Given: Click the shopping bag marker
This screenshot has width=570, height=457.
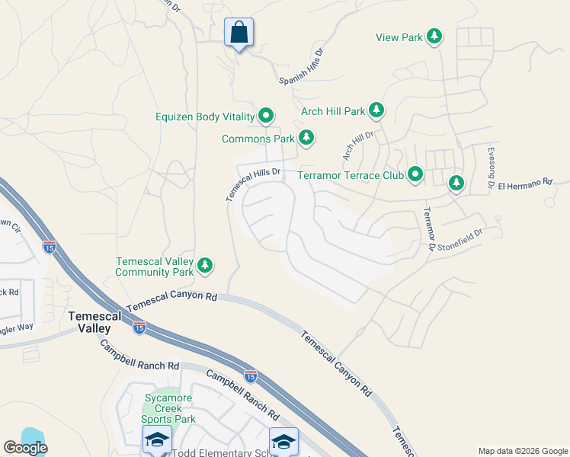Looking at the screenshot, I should tap(239, 33).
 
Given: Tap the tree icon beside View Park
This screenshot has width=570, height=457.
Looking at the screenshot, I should tap(434, 37).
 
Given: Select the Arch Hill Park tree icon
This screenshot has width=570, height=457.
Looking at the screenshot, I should tap(376, 111).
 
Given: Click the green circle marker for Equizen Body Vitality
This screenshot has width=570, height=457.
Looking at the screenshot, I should tap(266, 117).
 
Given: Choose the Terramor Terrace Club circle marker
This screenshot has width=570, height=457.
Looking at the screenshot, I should tap(415, 175).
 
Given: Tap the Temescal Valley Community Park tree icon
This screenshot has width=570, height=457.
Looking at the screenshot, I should tap(205, 266).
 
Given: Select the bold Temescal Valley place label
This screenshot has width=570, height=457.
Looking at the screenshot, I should tap(89, 321).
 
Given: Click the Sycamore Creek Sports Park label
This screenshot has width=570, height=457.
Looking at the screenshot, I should tap(170, 408).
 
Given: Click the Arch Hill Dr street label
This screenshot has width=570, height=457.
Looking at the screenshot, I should tap(358, 145).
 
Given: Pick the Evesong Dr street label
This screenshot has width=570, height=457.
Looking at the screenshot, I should tap(491, 168).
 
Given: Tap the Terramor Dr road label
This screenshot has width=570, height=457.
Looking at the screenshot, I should tap(429, 228).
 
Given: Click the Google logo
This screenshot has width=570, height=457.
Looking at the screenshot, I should tap(25, 448).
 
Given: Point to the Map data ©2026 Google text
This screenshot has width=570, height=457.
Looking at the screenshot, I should tap(522, 451).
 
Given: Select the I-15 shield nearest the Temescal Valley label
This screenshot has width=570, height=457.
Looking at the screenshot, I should tap(139, 328).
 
